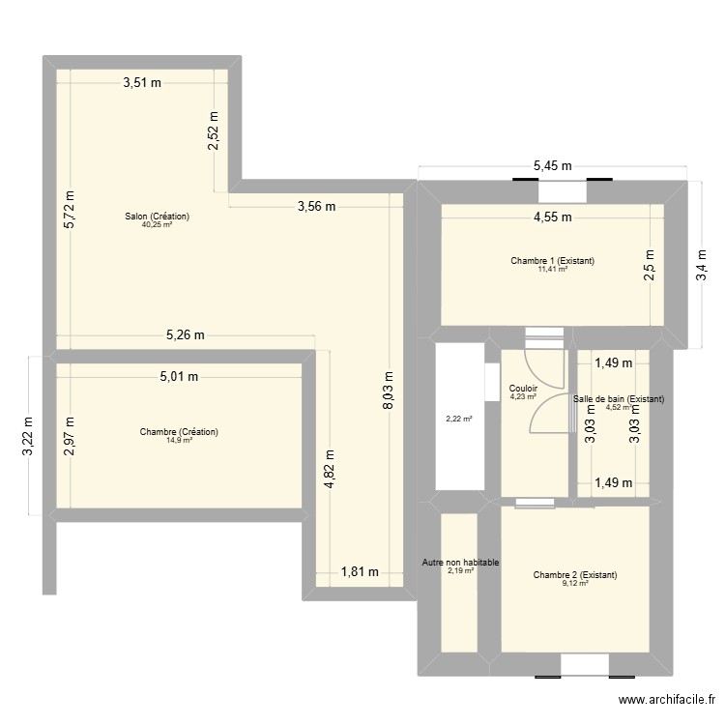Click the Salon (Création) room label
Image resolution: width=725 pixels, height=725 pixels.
pyautogui.click(x=158, y=216)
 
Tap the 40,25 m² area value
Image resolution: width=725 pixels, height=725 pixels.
pyautogui.click(x=158, y=224)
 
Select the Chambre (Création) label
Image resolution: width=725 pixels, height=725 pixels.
pyautogui.click(x=179, y=432)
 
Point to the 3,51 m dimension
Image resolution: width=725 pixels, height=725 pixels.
pyautogui.click(x=142, y=83)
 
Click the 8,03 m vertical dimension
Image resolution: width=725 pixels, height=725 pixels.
pyautogui.click(x=388, y=391)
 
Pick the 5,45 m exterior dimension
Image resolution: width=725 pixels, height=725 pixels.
pyautogui.click(x=553, y=165)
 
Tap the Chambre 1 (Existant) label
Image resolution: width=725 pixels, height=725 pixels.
pyautogui.click(x=553, y=261)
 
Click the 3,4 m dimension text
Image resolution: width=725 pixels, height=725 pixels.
pyautogui.click(x=702, y=265)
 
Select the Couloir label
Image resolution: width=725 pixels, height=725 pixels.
pyautogui.click(x=523, y=389)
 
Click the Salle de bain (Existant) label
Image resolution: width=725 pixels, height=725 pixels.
pyautogui.click(x=619, y=398)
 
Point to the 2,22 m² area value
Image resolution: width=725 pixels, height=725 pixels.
pyautogui.click(x=458, y=419)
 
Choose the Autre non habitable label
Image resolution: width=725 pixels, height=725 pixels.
pyautogui.click(x=460, y=563)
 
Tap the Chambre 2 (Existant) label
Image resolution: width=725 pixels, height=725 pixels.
pyautogui.click(x=575, y=575)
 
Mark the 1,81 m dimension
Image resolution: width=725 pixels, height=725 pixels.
pyautogui.click(x=360, y=572)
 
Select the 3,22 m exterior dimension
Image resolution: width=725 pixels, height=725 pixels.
pyautogui.click(x=29, y=437)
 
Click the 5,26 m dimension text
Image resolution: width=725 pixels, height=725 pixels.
pyautogui.click(x=185, y=334)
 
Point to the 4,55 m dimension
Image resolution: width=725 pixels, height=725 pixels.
pyautogui.click(x=553, y=217)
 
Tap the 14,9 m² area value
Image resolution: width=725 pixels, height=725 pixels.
pyautogui.click(x=179, y=440)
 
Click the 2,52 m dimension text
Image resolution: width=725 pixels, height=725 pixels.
pyautogui.click(x=214, y=131)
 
